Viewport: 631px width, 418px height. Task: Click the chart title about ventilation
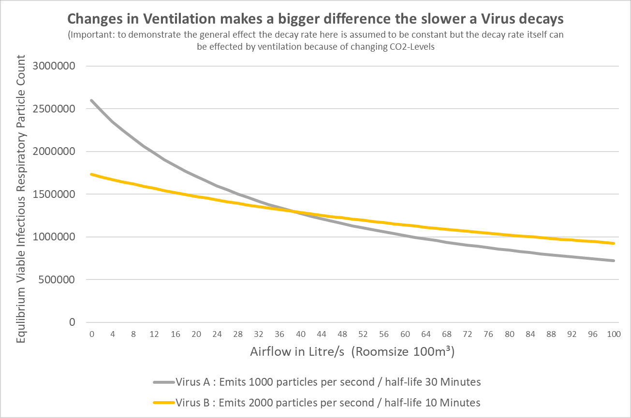(315, 19)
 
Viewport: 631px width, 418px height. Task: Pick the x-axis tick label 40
(301, 334)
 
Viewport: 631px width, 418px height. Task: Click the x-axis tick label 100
(614, 334)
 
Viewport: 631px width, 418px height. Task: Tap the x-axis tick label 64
(426, 334)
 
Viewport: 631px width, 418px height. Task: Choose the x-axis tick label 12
(154, 334)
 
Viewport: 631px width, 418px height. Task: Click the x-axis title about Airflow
(352, 352)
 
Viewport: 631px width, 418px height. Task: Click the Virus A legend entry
(317, 382)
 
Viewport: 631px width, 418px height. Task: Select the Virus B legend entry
(317, 403)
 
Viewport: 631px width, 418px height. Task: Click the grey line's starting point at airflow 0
(91, 100)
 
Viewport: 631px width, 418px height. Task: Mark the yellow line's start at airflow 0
(91, 174)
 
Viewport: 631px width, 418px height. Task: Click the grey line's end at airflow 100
(614, 261)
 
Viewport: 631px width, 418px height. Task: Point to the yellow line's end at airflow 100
(614, 243)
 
